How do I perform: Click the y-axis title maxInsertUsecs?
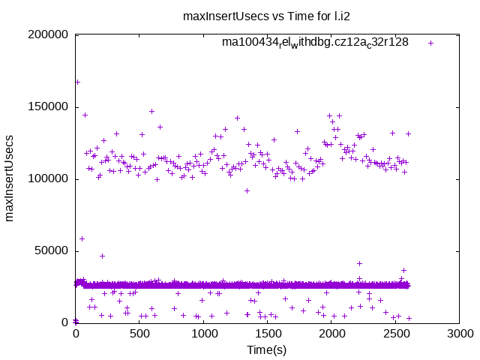pos(10,178)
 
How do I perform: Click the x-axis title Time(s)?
pos(267,350)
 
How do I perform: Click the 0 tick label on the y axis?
pos(66,322)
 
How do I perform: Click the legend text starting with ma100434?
pos(315,43)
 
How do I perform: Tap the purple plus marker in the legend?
pos(430,43)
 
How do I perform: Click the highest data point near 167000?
pos(77,82)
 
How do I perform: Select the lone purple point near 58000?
pos(82,238)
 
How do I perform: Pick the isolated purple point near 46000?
pos(102,256)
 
